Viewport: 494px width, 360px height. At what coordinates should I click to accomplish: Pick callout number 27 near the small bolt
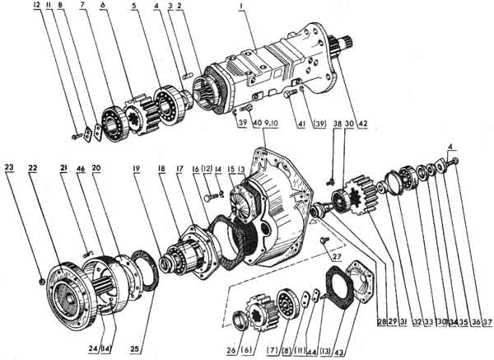point(337,256)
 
